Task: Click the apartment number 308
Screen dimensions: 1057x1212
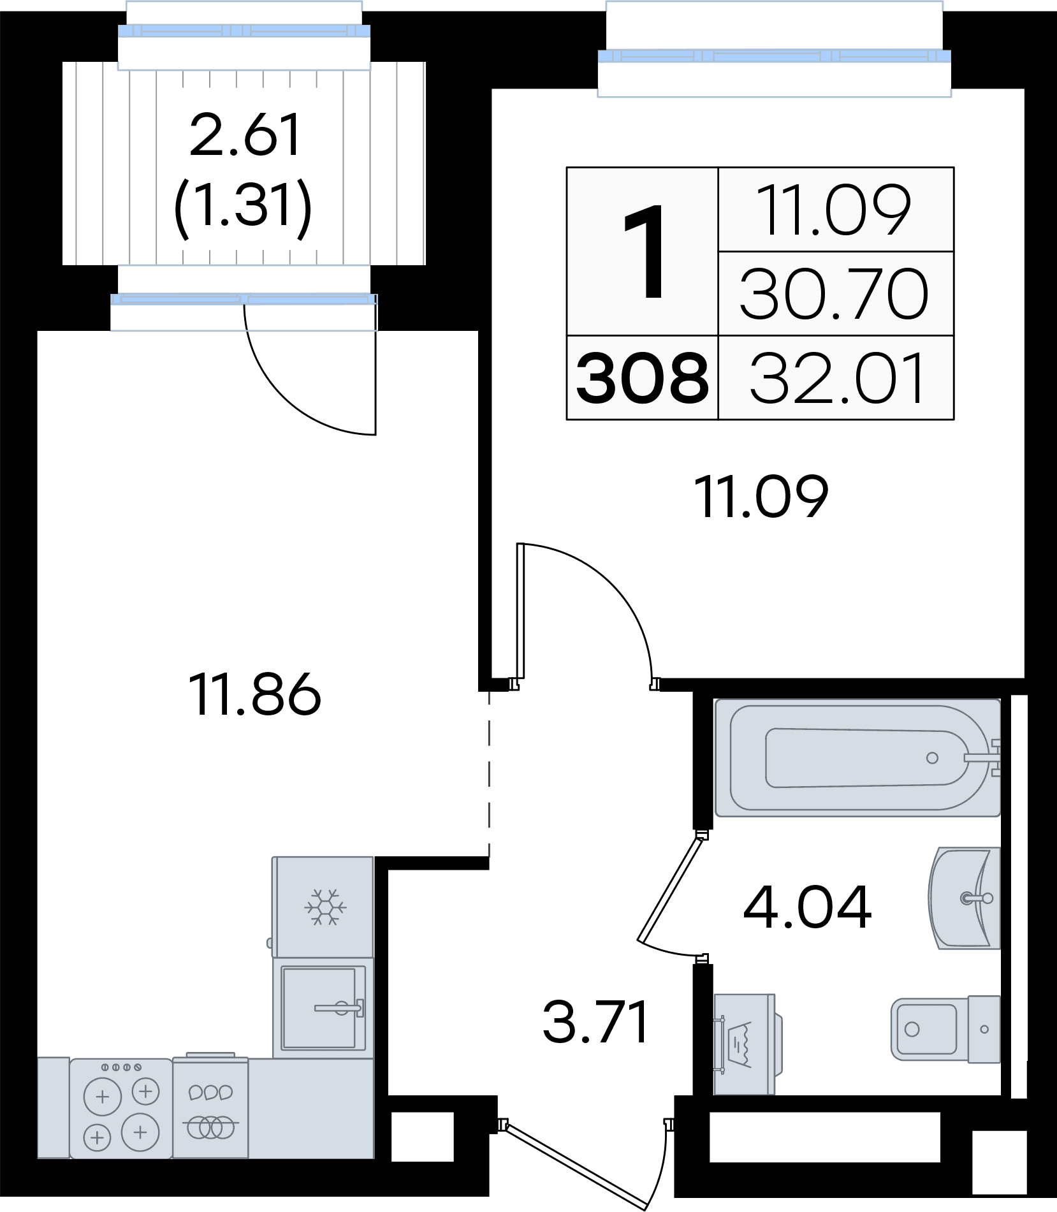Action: click(643, 378)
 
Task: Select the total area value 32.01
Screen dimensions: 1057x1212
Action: click(837, 379)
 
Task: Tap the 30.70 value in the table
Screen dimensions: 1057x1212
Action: click(834, 294)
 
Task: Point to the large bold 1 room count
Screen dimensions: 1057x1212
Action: click(645, 251)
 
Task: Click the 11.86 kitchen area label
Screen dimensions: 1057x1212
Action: click(254, 694)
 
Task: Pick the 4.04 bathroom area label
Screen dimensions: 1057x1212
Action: click(807, 907)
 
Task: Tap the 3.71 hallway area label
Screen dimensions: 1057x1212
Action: click(595, 1022)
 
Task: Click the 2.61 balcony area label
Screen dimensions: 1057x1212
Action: click(245, 135)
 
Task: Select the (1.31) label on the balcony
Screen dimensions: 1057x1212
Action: click(243, 207)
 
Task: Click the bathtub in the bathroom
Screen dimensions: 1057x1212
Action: click(857, 757)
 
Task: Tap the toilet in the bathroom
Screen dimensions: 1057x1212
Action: click(945, 1029)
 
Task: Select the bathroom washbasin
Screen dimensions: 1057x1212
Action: click(965, 898)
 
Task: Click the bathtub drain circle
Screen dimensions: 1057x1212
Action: click(932, 758)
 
